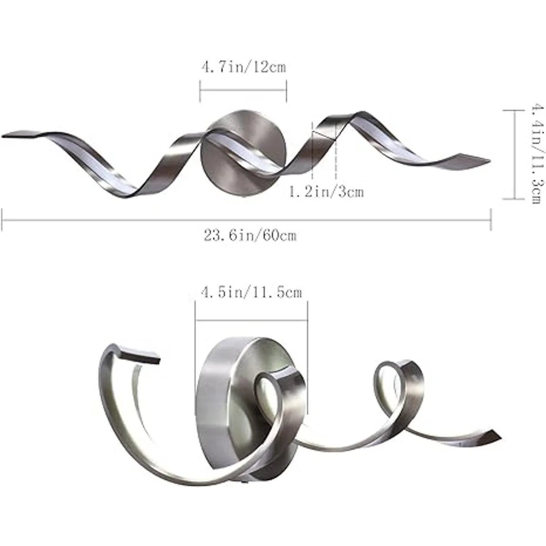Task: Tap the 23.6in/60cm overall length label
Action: point(250,236)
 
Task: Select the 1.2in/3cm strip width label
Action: point(326,192)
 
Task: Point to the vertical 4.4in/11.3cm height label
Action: point(538,154)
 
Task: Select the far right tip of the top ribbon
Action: point(490,160)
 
